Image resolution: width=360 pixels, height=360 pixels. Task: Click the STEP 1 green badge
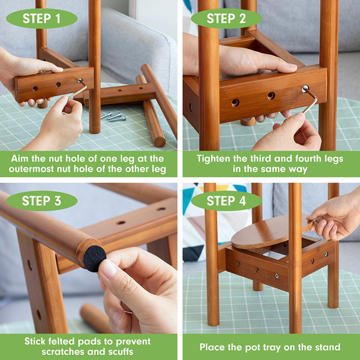[x=42, y=19]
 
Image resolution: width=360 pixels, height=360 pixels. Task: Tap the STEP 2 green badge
[x=226, y=19]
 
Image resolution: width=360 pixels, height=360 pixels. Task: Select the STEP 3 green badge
[x=42, y=201]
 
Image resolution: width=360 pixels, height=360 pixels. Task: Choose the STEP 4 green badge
[x=226, y=201]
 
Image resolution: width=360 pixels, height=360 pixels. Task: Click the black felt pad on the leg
[x=95, y=259]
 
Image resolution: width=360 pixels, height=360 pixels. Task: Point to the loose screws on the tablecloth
[x=113, y=116]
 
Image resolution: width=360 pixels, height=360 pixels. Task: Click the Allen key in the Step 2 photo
[x=310, y=99]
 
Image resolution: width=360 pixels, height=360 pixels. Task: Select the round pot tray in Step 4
[x=272, y=232]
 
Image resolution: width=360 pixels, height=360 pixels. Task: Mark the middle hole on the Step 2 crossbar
[x=271, y=95]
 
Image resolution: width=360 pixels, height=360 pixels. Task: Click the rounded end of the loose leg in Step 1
[x=160, y=142]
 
